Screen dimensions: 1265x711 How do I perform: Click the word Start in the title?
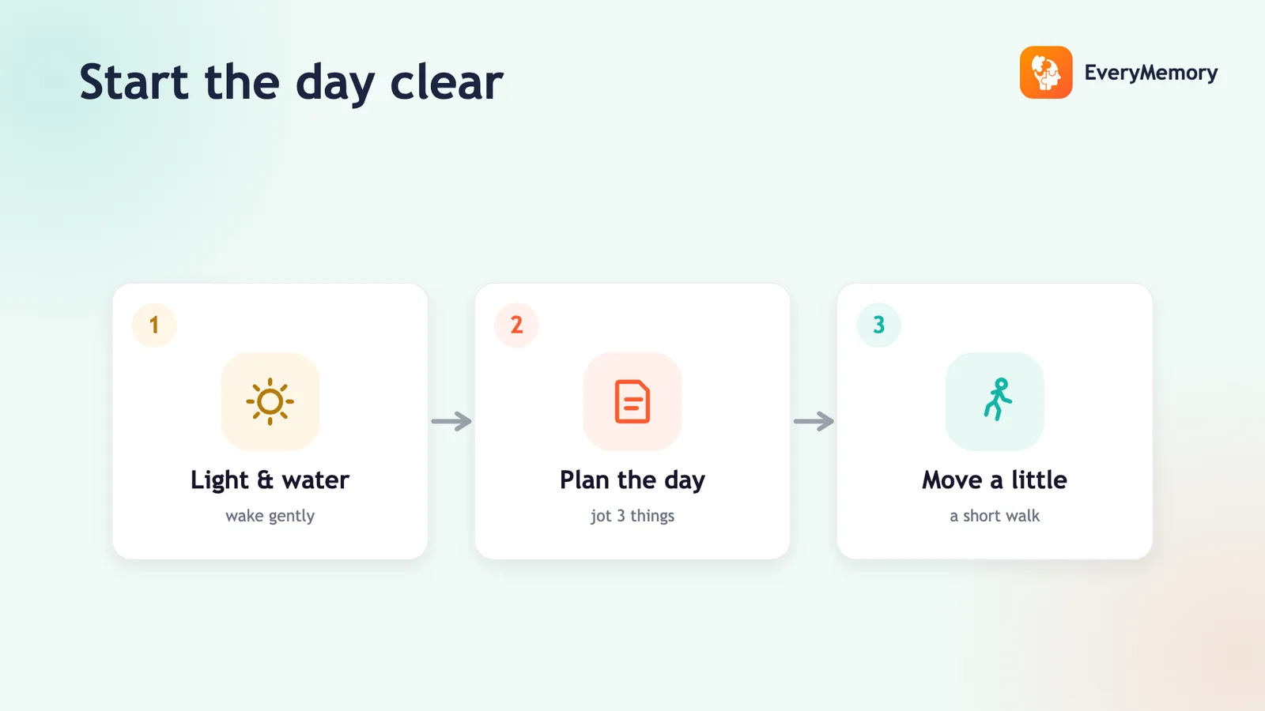[x=134, y=82]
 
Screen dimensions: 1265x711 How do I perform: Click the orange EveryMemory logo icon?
[x=1046, y=72]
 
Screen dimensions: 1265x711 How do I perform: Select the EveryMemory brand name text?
[x=1151, y=73]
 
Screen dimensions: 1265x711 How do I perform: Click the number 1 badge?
[x=154, y=325]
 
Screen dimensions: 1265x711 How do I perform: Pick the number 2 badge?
[x=516, y=325]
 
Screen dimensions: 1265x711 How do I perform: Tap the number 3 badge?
[x=878, y=325]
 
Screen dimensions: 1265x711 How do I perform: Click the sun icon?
[x=270, y=402]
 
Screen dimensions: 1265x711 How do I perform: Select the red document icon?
[x=632, y=402]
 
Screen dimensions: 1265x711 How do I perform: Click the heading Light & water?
[x=270, y=480]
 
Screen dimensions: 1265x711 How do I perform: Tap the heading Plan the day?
[x=632, y=480]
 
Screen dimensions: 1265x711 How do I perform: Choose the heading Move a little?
[x=995, y=480]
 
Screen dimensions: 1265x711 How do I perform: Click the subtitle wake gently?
[x=270, y=517]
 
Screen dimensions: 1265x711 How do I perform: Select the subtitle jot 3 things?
[x=632, y=517]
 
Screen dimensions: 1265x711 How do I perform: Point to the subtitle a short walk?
[x=995, y=516]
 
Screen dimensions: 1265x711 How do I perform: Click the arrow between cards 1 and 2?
[x=451, y=421]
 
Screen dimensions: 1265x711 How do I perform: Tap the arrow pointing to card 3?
[x=814, y=421]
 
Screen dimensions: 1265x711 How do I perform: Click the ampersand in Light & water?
[x=265, y=480]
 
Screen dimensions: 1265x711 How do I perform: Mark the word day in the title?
[x=335, y=85]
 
